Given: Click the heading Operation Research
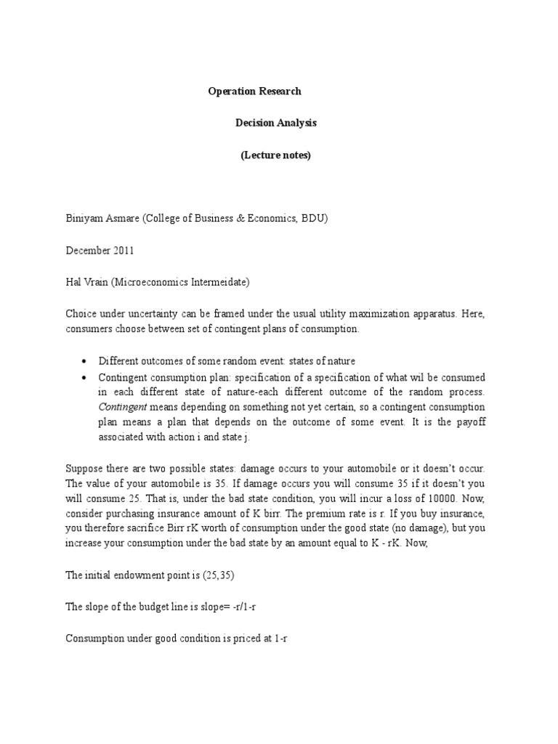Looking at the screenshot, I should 254,92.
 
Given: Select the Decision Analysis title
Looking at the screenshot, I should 275,124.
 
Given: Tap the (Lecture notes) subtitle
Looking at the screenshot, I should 275,155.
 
